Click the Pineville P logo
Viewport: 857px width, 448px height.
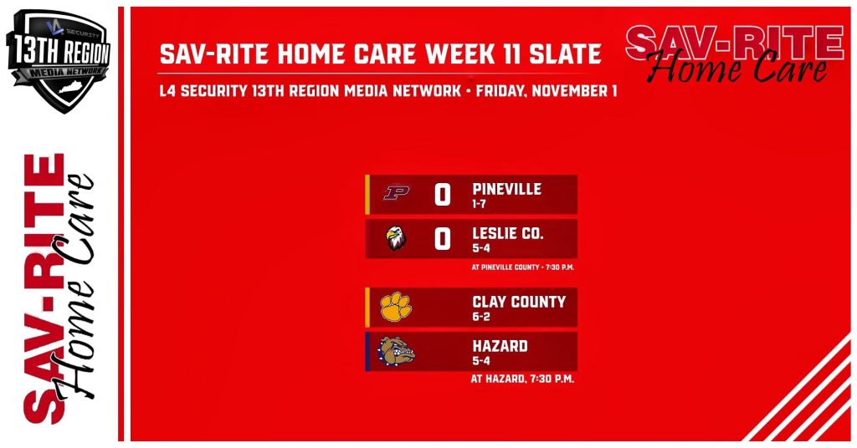[x=396, y=192]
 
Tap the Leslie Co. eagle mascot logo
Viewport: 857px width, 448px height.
[x=396, y=238]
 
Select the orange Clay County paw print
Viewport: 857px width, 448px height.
[x=396, y=307]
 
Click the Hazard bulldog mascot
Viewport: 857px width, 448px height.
[x=396, y=351]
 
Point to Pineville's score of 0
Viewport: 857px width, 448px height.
[x=443, y=195]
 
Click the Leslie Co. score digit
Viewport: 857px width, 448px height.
[x=443, y=239]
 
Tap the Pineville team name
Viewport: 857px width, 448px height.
[x=506, y=190]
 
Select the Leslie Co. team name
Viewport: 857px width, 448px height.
[x=508, y=233]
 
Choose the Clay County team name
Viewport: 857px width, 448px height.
[x=519, y=302]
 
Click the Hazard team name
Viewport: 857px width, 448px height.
[x=500, y=346]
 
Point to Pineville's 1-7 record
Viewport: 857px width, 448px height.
[x=480, y=204]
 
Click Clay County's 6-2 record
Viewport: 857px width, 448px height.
[x=481, y=317]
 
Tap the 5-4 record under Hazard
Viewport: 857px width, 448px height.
[x=481, y=361]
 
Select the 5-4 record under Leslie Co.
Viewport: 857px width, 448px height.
[x=481, y=248]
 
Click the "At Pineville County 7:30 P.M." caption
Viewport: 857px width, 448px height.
[x=522, y=267]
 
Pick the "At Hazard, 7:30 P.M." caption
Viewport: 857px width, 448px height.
[x=522, y=379]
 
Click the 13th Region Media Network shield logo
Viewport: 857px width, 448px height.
[x=59, y=60]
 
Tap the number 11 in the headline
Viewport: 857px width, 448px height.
[x=513, y=54]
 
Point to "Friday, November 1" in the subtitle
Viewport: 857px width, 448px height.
[x=547, y=90]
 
